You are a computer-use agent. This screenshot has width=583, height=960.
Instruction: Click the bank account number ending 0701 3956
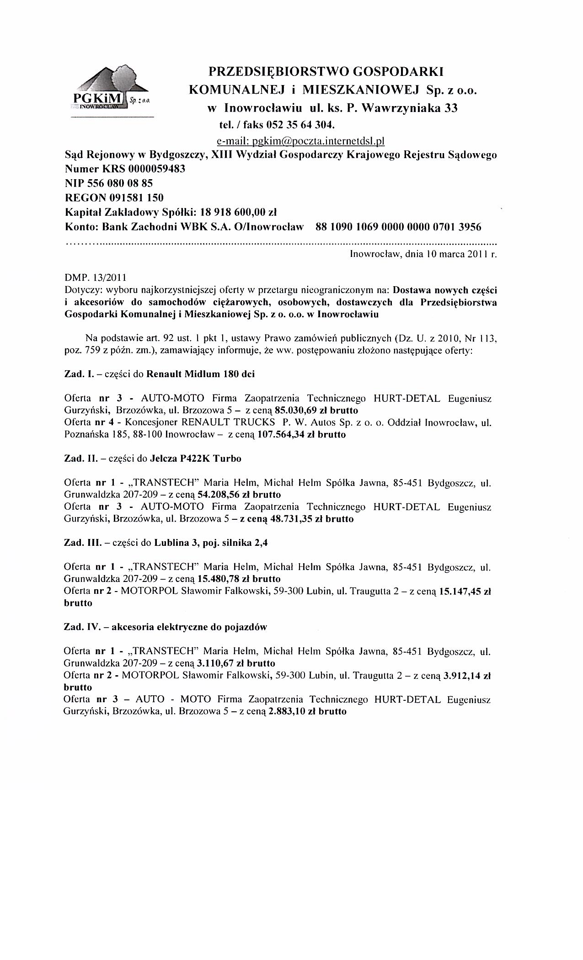pos(398,227)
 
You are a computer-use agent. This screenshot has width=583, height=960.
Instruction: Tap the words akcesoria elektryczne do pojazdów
pos(189,627)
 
